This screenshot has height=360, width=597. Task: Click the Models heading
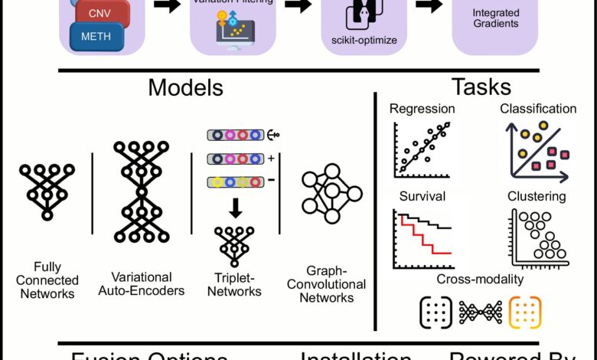(x=185, y=87)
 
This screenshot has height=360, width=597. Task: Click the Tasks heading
(x=482, y=87)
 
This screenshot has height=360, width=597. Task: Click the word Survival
(x=417, y=197)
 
